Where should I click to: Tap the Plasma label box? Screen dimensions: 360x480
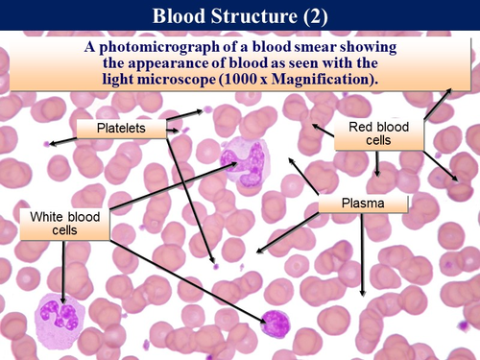click(x=363, y=204)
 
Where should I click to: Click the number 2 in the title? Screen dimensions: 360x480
click(x=323, y=16)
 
